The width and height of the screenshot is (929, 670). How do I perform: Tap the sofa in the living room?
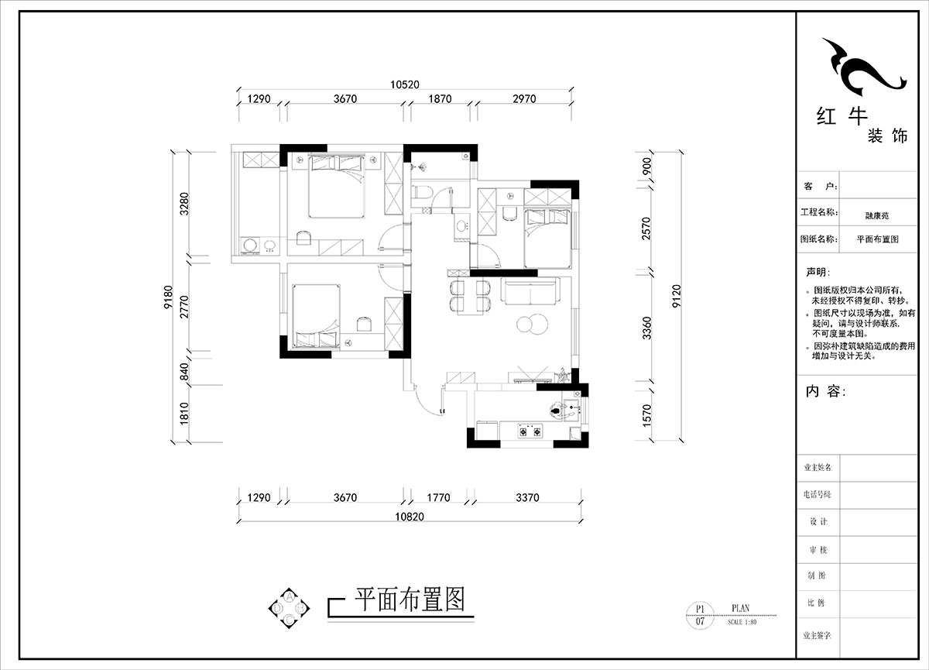530,294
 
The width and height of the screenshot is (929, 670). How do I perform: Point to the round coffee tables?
529,325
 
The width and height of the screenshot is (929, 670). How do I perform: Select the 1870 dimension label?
440,99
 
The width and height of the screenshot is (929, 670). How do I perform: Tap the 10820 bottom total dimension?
409,517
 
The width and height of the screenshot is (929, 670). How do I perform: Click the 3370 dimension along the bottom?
526,498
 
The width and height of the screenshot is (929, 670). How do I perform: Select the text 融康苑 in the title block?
876,217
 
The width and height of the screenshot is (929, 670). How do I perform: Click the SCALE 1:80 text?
742,622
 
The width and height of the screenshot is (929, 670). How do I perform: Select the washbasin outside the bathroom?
462,227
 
